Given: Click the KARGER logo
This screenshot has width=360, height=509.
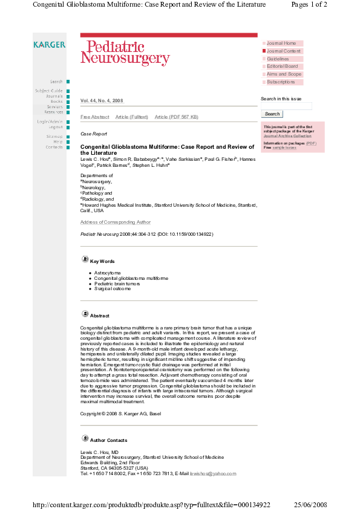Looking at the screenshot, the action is point(50,45).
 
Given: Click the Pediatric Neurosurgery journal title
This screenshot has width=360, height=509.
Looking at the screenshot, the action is point(125,53).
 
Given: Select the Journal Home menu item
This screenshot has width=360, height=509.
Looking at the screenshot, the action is point(281,44).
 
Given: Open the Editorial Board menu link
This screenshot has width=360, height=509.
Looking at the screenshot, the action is point(282,66).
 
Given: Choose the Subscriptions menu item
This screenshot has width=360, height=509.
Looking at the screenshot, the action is point(281,82).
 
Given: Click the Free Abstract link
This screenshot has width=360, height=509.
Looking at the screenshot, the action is point(95,117).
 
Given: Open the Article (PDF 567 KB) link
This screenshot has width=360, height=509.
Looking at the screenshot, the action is point(176,117).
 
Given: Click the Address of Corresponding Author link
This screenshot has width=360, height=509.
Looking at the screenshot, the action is point(116,222).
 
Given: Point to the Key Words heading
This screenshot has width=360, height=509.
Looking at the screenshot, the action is point(102,261).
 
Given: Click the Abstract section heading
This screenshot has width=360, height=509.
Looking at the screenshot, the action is point(100,316).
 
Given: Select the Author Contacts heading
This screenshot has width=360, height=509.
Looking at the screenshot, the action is point(108,440).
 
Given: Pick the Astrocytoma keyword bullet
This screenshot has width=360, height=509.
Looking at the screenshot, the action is point(107,273).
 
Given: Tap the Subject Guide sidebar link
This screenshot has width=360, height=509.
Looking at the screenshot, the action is point(48,91).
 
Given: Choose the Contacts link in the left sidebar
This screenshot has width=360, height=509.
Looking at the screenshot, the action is point(54,147).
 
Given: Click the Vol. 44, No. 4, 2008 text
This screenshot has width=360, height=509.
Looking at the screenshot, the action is point(102,101).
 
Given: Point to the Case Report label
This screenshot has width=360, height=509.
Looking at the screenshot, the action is point(94,134).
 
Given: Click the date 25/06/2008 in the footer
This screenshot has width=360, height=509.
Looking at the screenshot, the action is point(310,504).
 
